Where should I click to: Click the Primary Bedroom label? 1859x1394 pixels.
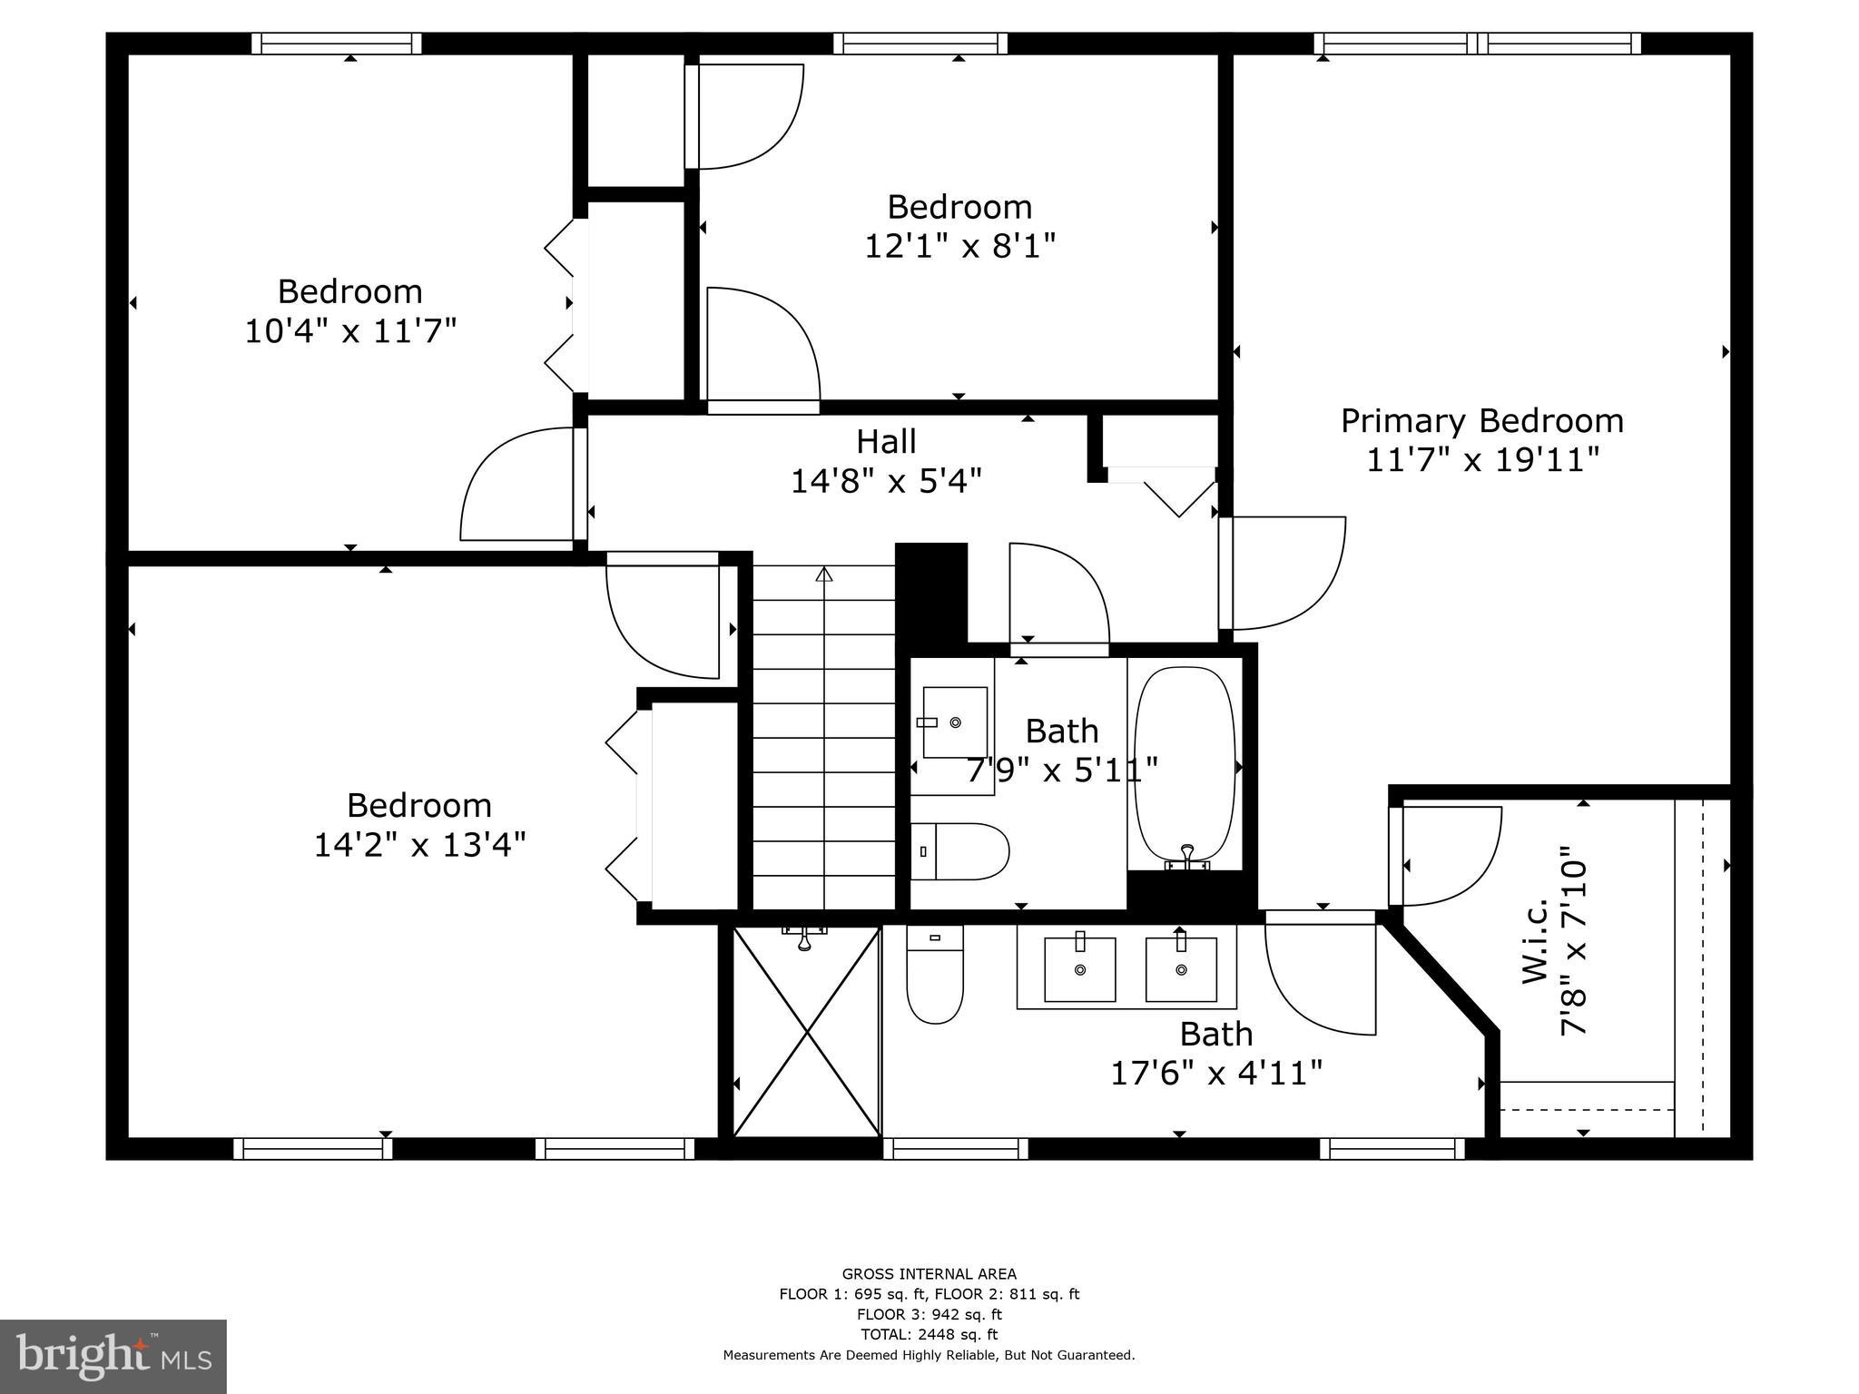pos(1481,421)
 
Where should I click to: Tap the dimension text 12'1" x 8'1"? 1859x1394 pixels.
pos(959,246)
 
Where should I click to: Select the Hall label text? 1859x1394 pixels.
pos(886,442)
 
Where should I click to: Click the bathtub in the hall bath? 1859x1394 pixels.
pos(1185,764)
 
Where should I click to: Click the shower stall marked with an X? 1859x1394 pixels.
pos(806,1032)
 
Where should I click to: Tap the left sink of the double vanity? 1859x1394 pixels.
pos(1079,969)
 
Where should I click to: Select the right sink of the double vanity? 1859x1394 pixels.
pos(1181,969)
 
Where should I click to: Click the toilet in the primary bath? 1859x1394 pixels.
pos(934,980)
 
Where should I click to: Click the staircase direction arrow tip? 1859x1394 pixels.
pos(823,574)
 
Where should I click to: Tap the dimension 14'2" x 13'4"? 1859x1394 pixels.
pos(419,845)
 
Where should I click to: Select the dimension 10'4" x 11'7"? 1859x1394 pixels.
pos(349,331)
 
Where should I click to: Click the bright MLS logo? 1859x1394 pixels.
pos(113,1357)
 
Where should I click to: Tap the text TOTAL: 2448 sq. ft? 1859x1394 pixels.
pos(929,1334)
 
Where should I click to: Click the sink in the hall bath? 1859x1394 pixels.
pos(954,722)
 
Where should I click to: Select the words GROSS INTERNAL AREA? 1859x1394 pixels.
pos(929,1274)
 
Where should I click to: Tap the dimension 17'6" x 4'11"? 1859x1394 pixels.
pos(1216,1074)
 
